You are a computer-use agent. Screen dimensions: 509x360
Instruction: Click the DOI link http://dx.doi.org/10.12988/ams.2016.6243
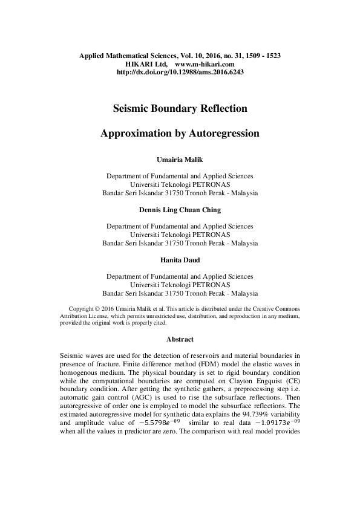180,71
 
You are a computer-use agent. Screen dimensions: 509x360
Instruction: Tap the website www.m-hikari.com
204,63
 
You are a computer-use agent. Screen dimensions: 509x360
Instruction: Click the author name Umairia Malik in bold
180,160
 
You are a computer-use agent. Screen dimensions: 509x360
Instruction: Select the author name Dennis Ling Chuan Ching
180,210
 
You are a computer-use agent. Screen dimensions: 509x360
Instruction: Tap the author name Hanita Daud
180,259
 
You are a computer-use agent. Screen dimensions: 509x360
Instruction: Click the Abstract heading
180,340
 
